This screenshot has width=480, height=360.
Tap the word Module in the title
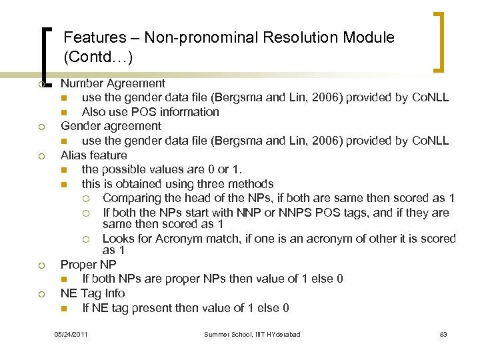pyautogui.click(x=369, y=38)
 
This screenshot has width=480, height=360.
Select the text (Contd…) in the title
pyautogui.click(x=98, y=57)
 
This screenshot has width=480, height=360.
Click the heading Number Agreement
pyautogui.click(x=113, y=83)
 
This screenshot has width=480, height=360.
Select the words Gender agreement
pyautogui.click(x=111, y=126)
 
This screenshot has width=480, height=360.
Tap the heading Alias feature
pyautogui.click(x=93, y=155)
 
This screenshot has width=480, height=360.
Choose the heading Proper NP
pyautogui.click(x=88, y=264)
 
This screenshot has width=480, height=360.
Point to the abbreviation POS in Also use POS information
pyautogui.click(x=145, y=112)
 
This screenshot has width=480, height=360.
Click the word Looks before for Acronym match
pyautogui.click(x=119, y=239)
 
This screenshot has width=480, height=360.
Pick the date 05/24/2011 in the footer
pyautogui.click(x=71, y=334)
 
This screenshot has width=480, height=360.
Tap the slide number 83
pyautogui.click(x=443, y=334)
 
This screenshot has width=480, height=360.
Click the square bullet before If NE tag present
pyautogui.click(x=63, y=309)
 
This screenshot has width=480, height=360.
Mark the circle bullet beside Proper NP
pyautogui.click(x=41, y=265)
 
